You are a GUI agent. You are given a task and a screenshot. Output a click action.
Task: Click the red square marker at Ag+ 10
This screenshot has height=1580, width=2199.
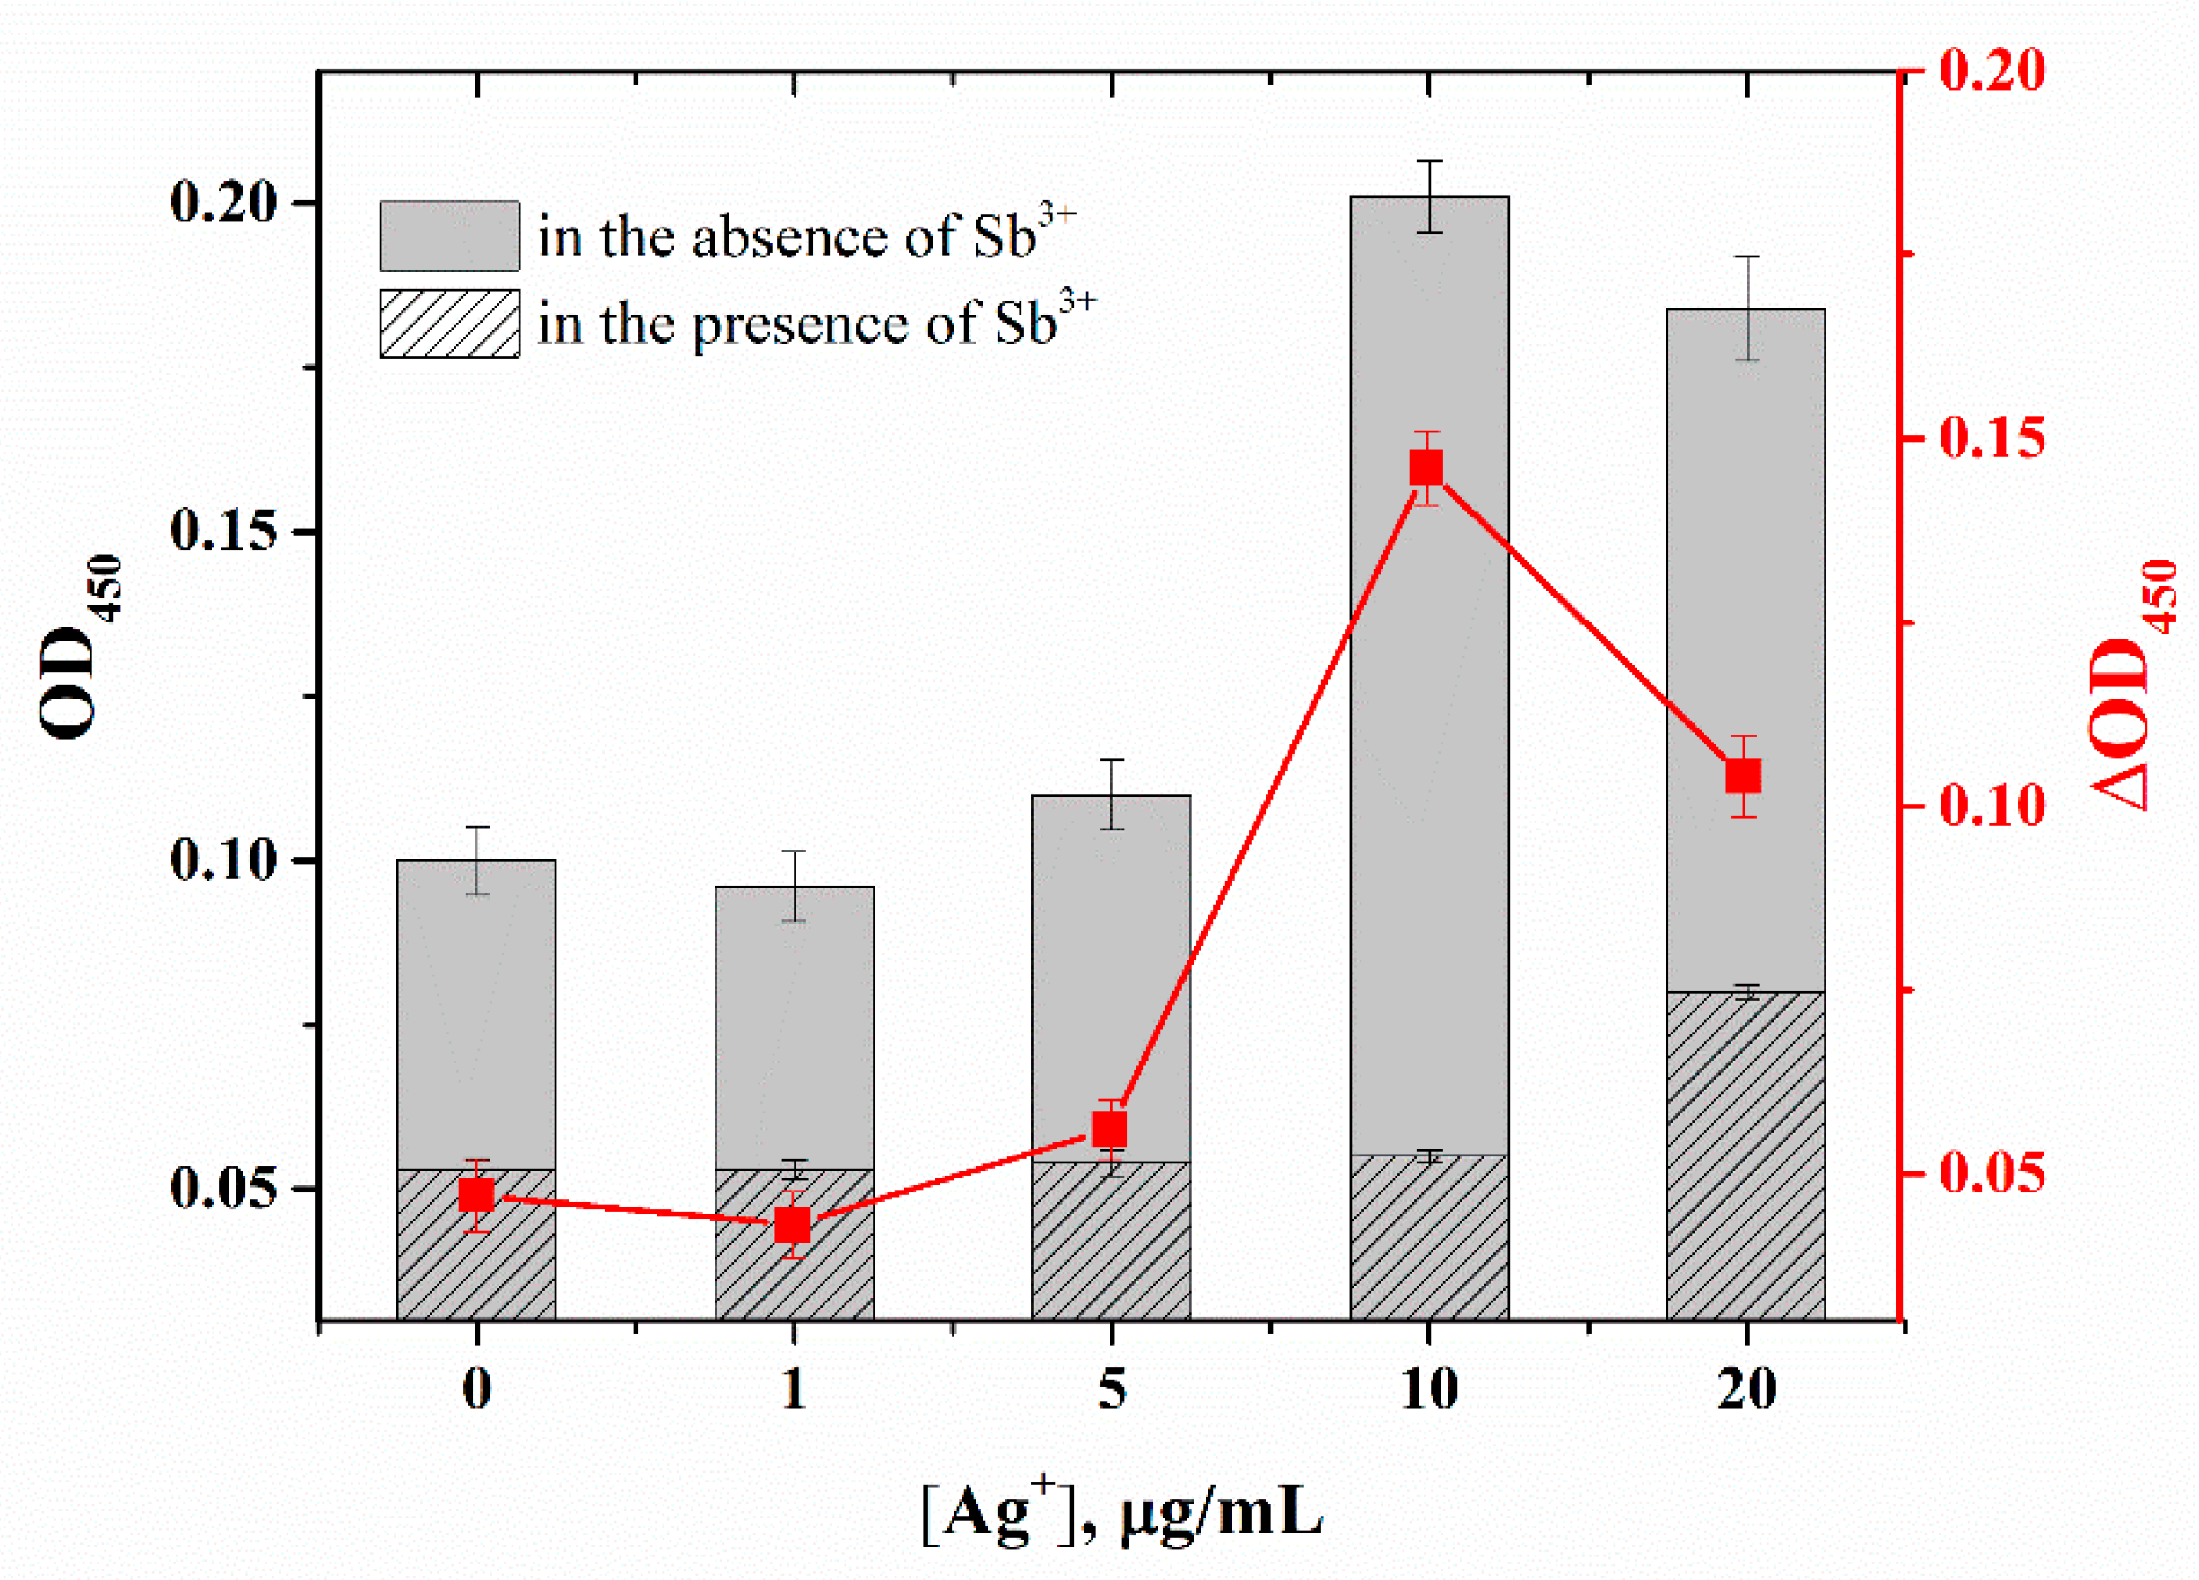[x=1426, y=469]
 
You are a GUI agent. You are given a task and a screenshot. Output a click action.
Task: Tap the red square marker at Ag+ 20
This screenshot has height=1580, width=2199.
[x=1744, y=777]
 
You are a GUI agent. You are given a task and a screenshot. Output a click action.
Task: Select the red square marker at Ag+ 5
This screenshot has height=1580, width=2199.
[x=1110, y=1129]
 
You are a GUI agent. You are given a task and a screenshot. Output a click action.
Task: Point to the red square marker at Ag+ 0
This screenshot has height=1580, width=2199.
[x=476, y=1195]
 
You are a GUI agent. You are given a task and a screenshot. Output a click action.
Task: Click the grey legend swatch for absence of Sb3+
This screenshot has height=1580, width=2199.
[x=449, y=236]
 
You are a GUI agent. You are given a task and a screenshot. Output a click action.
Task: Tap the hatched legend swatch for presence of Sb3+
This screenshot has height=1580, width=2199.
[x=449, y=323]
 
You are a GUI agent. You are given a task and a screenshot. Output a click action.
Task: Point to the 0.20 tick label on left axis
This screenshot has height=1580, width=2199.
[x=223, y=203]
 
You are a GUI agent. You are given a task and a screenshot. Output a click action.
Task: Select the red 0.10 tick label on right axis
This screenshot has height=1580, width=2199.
[x=1992, y=806]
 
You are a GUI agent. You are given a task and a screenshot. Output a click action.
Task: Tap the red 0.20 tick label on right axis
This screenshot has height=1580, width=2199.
[x=1992, y=69]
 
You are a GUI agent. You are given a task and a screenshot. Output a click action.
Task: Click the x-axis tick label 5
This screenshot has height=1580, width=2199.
[x=1111, y=1389]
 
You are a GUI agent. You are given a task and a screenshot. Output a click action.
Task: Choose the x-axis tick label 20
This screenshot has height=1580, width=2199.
[x=1746, y=1389]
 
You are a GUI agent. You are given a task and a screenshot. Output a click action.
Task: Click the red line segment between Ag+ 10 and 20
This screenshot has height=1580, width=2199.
[x=1586, y=622]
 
